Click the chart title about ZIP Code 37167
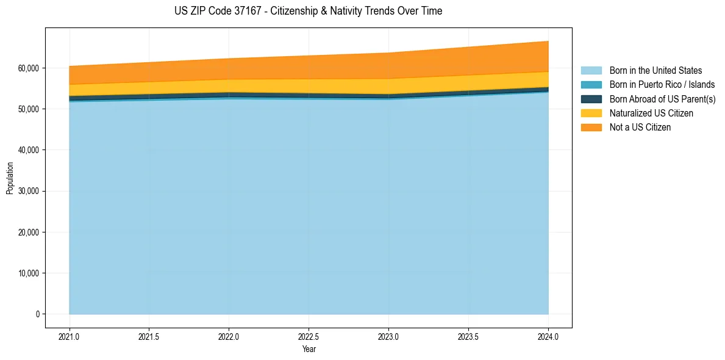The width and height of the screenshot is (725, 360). [308, 11]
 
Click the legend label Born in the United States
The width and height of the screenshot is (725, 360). [655, 71]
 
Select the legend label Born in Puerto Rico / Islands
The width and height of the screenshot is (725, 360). [662, 85]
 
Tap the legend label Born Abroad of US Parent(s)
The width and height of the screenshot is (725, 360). [662, 99]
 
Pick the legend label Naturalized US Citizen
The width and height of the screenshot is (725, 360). [651, 113]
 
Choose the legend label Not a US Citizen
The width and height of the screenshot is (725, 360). [640, 128]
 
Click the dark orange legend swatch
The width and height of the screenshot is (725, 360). [591, 128]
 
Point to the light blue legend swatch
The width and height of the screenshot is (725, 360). [591, 71]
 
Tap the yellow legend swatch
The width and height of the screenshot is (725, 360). [591, 113]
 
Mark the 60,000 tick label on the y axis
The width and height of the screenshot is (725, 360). [27, 68]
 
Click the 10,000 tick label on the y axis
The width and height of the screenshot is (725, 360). [27, 273]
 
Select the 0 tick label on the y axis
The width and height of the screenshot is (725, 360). [37, 314]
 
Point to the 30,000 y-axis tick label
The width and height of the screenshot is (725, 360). [27, 191]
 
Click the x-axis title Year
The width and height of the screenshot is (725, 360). [309, 350]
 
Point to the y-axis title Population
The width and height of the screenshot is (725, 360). [10, 178]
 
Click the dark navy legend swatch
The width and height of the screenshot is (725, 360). [591, 99]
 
